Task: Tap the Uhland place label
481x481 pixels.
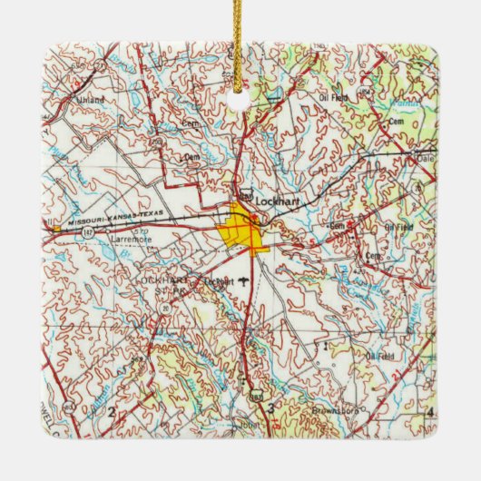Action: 90,98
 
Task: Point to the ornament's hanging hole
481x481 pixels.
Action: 240,102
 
